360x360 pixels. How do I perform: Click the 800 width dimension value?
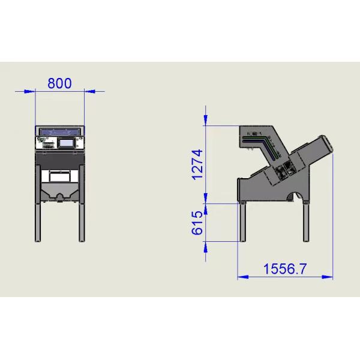(59, 83)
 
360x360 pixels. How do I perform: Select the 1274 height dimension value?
(197, 164)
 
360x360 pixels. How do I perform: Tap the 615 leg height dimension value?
(197, 223)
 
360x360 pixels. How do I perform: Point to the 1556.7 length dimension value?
(285, 269)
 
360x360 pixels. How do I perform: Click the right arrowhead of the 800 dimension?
(91, 91)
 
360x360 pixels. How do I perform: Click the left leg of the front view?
(38, 222)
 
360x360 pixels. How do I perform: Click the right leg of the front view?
(80, 222)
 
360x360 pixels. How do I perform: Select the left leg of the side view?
(244, 222)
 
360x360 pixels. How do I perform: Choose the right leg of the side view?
(307, 222)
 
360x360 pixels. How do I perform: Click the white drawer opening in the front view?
(59, 176)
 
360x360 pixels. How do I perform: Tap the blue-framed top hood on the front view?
(59, 130)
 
